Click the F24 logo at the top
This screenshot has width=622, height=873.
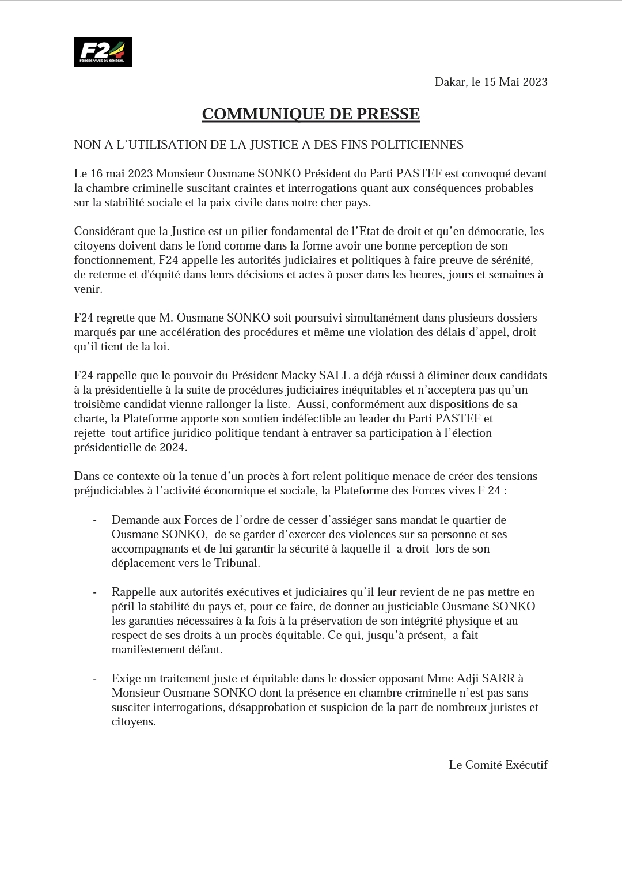point(103,52)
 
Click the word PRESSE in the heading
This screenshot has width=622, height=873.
point(388,114)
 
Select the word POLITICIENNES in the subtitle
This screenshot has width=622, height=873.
point(418,145)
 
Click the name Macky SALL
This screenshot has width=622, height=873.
point(324,375)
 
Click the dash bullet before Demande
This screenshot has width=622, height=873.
point(94,520)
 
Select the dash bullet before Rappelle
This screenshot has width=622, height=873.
point(94,592)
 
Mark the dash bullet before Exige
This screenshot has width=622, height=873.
point(94,679)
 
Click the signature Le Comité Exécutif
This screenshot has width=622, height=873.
point(498,765)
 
